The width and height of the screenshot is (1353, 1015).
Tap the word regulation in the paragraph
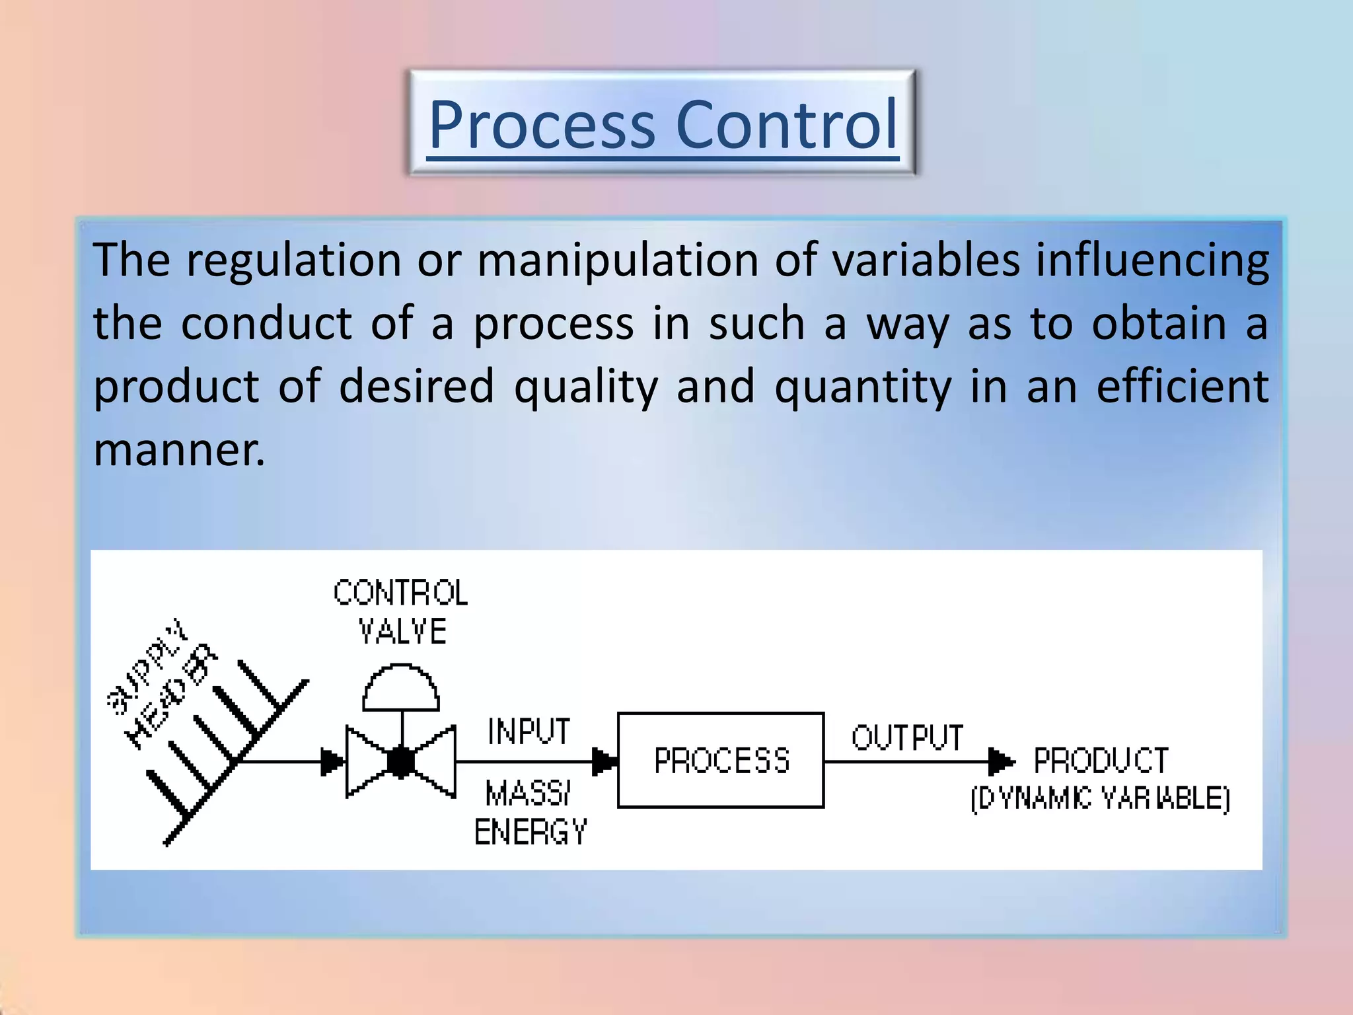[293, 260]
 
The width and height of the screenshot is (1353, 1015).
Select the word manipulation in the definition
[618, 260]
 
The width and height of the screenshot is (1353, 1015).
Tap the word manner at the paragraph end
[178, 450]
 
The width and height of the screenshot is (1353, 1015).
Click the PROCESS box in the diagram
[721, 760]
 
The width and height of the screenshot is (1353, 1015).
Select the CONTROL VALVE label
[401, 612]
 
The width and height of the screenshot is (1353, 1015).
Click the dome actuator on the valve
[401, 689]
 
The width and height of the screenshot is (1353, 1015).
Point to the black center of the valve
[401, 762]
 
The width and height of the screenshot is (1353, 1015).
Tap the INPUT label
[529, 732]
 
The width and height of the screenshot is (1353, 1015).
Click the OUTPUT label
[907, 737]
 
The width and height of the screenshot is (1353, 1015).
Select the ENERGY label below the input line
[530, 832]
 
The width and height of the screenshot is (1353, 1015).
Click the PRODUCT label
[1101, 761]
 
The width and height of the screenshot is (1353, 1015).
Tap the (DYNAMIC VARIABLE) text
[1100, 798]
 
